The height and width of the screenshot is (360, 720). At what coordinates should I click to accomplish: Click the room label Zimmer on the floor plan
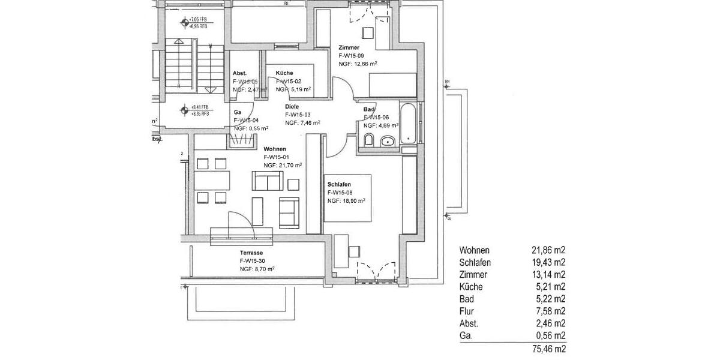(x=349, y=47)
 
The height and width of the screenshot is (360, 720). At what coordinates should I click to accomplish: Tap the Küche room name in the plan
(x=284, y=73)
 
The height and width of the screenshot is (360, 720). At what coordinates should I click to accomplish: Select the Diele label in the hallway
(x=292, y=106)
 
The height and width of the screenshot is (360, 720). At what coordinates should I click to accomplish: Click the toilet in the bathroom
(x=369, y=141)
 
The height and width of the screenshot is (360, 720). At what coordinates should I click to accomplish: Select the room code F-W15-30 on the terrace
(x=253, y=261)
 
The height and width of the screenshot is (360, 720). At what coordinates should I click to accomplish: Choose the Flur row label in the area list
(x=466, y=311)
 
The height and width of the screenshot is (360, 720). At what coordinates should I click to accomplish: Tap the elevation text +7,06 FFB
(x=200, y=20)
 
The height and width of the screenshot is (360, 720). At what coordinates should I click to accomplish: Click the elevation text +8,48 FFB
(x=200, y=107)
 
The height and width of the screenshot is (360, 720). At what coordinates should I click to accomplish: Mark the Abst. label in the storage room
(x=239, y=73)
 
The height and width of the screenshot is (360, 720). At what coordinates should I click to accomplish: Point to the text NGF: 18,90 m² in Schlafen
(x=346, y=201)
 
